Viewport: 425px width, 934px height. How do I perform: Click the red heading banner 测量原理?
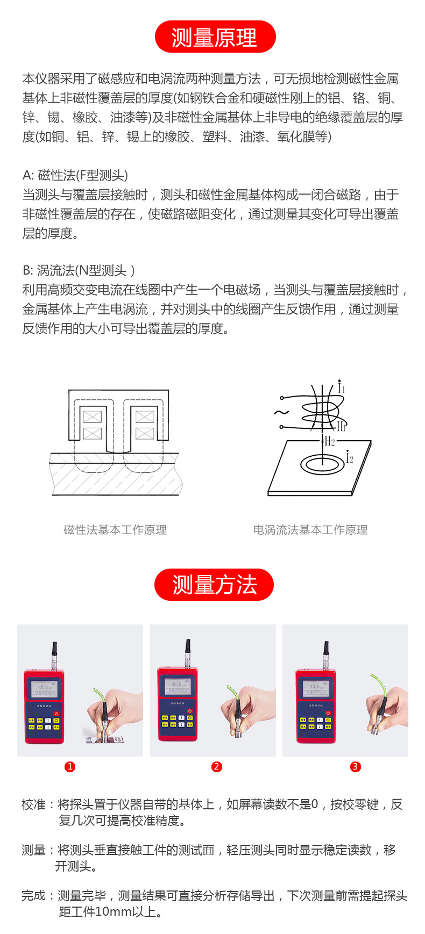click(x=215, y=37)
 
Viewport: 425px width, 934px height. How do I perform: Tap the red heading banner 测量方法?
click(x=214, y=585)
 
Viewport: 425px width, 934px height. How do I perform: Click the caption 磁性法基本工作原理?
click(x=115, y=530)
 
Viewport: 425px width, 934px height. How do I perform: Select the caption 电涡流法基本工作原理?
click(x=310, y=530)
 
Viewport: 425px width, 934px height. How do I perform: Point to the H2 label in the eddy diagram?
click(x=329, y=442)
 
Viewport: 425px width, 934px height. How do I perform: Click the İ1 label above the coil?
click(x=341, y=387)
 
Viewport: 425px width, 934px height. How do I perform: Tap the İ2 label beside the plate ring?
click(x=349, y=457)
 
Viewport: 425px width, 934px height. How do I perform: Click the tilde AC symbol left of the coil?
click(x=281, y=413)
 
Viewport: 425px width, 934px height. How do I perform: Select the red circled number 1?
click(x=70, y=767)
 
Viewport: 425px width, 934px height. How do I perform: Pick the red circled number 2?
click(x=217, y=767)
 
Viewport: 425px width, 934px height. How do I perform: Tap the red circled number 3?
click(x=355, y=767)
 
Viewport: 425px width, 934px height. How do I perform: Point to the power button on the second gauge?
click(x=190, y=711)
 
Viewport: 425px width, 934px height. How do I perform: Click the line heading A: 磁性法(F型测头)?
click(x=75, y=175)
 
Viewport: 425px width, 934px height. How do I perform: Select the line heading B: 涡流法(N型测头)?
click(x=79, y=270)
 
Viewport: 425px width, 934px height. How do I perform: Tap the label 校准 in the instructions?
click(x=33, y=804)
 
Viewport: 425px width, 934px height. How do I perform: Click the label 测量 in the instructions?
click(x=33, y=850)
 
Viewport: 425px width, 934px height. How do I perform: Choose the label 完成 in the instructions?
click(x=33, y=896)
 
